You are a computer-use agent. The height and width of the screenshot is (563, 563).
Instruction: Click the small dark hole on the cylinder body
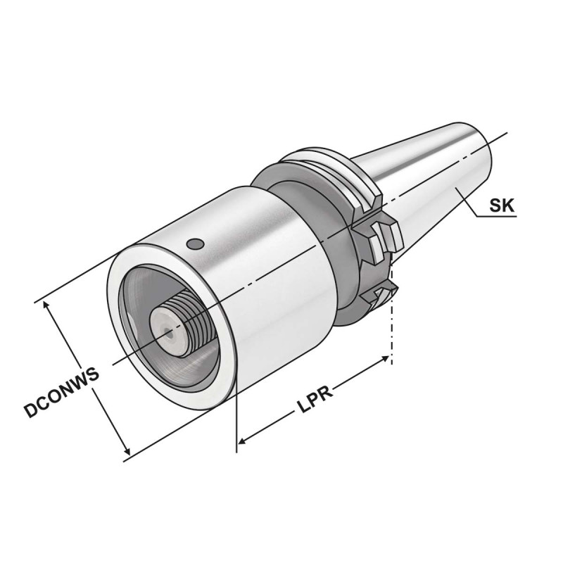tap(196, 245)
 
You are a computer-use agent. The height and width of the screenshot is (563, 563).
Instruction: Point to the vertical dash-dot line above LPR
tap(392, 331)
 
